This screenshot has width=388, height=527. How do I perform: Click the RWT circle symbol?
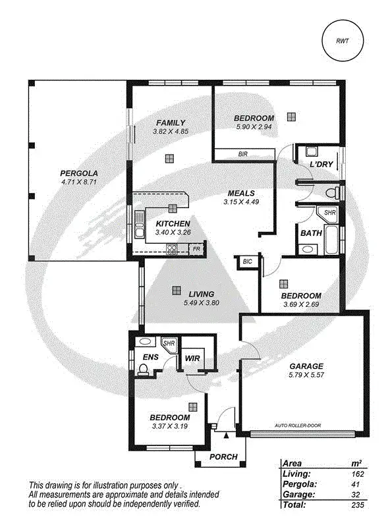(343, 41)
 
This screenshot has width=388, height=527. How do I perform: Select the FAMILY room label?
(170, 123)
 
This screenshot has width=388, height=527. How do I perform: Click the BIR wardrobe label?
(243, 153)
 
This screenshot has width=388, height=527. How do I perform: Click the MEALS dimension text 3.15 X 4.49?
(241, 202)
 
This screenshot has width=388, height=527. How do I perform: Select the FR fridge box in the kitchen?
(196, 249)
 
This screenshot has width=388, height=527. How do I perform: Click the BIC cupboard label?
(248, 262)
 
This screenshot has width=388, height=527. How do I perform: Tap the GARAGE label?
(307, 366)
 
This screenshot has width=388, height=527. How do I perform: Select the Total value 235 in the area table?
(358, 505)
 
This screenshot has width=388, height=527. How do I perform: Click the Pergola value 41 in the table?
(358, 484)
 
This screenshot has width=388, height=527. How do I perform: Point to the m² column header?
(357, 463)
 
